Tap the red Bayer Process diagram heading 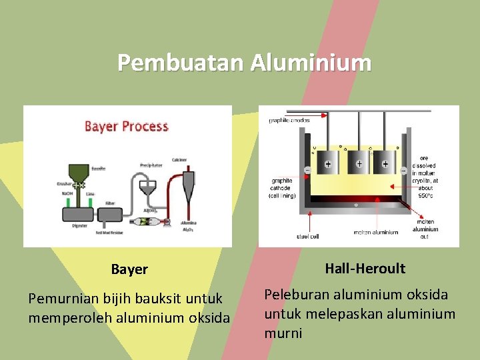pyautogui.click(x=127, y=126)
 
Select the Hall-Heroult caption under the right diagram pyautogui.click(x=365, y=269)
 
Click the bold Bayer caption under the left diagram pyautogui.click(x=129, y=269)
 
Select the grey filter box pyautogui.click(x=111, y=214)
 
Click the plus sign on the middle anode pyautogui.click(x=359, y=163)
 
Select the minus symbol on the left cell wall pyautogui.click(x=308, y=170)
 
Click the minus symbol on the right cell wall pyautogui.click(x=403, y=171)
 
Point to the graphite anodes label pyautogui.click(x=289, y=121)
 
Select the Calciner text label pyautogui.click(x=179, y=159)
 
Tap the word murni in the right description pyautogui.click(x=283, y=333)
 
